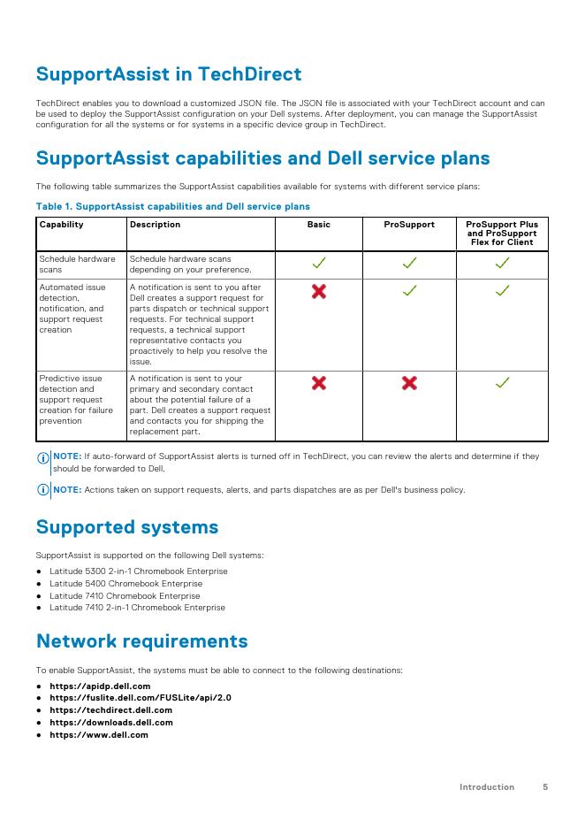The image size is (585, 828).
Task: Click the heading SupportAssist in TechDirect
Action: pyautogui.click(x=168, y=74)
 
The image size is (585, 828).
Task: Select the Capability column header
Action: pyautogui.click(x=61, y=225)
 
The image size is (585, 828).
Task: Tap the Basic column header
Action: pyautogui.click(x=318, y=225)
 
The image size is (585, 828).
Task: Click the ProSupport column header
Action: pyautogui.click(x=409, y=225)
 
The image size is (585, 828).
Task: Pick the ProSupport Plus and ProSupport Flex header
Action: pyautogui.click(x=502, y=234)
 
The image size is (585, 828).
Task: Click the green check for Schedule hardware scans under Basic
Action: pyautogui.click(x=318, y=264)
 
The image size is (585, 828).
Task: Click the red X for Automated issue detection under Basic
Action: pyautogui.click(x=318, y=291)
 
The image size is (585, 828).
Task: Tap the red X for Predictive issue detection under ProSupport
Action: pyautogui.click(x=409, y=382)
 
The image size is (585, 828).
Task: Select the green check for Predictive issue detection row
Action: pyautogui.click(x=502, y=382)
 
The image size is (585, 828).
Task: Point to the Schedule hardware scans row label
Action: pyautogui.click(x=77, y=264)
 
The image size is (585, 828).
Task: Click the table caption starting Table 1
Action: pyautogui.click(x=172, y=206)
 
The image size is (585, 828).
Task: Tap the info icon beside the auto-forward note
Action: pyautogui.click(x=42, y=458)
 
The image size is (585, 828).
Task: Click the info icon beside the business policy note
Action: pyautogui.click(x=42, y=491)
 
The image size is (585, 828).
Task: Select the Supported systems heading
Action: pyautogui.click(x=126, y=527)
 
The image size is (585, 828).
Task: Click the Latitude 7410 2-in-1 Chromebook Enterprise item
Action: pyautogui.click(x=137, y=608)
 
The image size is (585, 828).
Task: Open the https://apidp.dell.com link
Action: pyautogui.click(x=100, y=686)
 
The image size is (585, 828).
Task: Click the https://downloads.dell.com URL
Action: pyautogui.click(x=110, y=723)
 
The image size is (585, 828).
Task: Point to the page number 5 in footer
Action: pyautogui.click(x=545, y=786)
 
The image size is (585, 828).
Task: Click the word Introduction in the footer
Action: pyautogui.click(x=486, y=786)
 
